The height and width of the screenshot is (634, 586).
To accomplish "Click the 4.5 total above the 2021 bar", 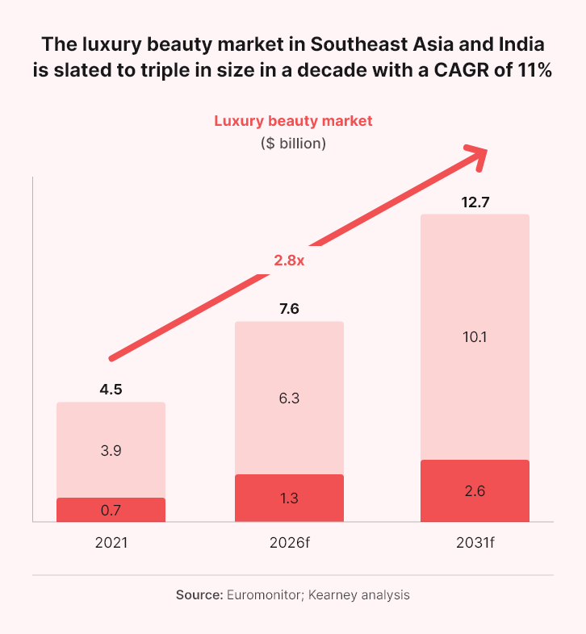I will (111, 390).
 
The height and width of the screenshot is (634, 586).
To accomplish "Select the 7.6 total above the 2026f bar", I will (289, 309).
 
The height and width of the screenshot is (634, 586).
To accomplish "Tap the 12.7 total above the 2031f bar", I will (474, 202).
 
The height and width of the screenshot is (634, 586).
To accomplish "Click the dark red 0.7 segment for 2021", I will (111, 510).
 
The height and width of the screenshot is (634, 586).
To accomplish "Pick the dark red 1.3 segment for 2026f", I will (289, 498).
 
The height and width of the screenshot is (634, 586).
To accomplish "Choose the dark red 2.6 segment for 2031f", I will (474, 490).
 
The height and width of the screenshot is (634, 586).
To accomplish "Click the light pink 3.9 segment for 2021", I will (111, 451).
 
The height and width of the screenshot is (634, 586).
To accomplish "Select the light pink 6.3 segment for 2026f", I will (289, 398).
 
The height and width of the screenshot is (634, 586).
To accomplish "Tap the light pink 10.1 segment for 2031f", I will (474, 337).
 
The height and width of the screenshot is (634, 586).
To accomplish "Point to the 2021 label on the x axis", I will (111, 543).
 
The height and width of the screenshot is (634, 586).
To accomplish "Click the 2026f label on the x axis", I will (289, 543).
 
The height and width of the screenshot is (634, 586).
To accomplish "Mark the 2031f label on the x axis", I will (474, 543).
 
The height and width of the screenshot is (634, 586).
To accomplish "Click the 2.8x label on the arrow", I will (289, 260).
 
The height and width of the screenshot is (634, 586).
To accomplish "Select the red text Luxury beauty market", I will (293, 121).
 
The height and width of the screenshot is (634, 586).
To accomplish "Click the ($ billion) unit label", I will (293, 144).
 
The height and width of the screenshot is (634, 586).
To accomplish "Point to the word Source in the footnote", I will (199, 595).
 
